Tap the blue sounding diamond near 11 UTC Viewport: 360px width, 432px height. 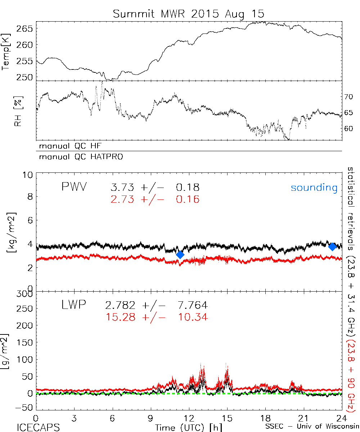180,255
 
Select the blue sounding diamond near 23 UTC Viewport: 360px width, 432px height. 332,247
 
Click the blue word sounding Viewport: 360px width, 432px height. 314,188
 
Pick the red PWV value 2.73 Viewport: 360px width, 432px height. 122,199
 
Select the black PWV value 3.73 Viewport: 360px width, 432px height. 122,188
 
